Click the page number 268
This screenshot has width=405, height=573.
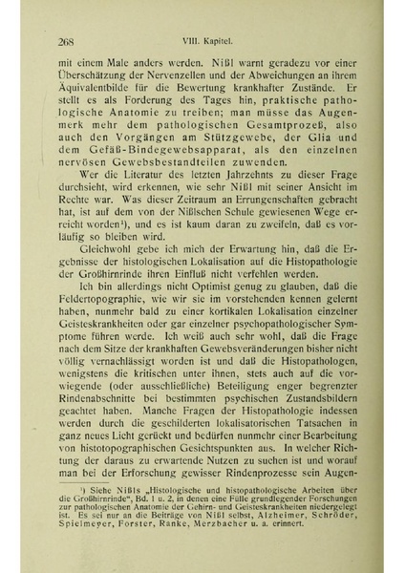(x=67, y=41)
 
